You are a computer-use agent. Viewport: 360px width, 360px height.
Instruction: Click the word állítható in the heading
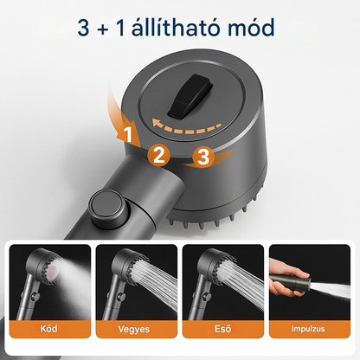coord(187,28)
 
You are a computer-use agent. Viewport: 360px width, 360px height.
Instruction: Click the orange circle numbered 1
coord(126,135)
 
